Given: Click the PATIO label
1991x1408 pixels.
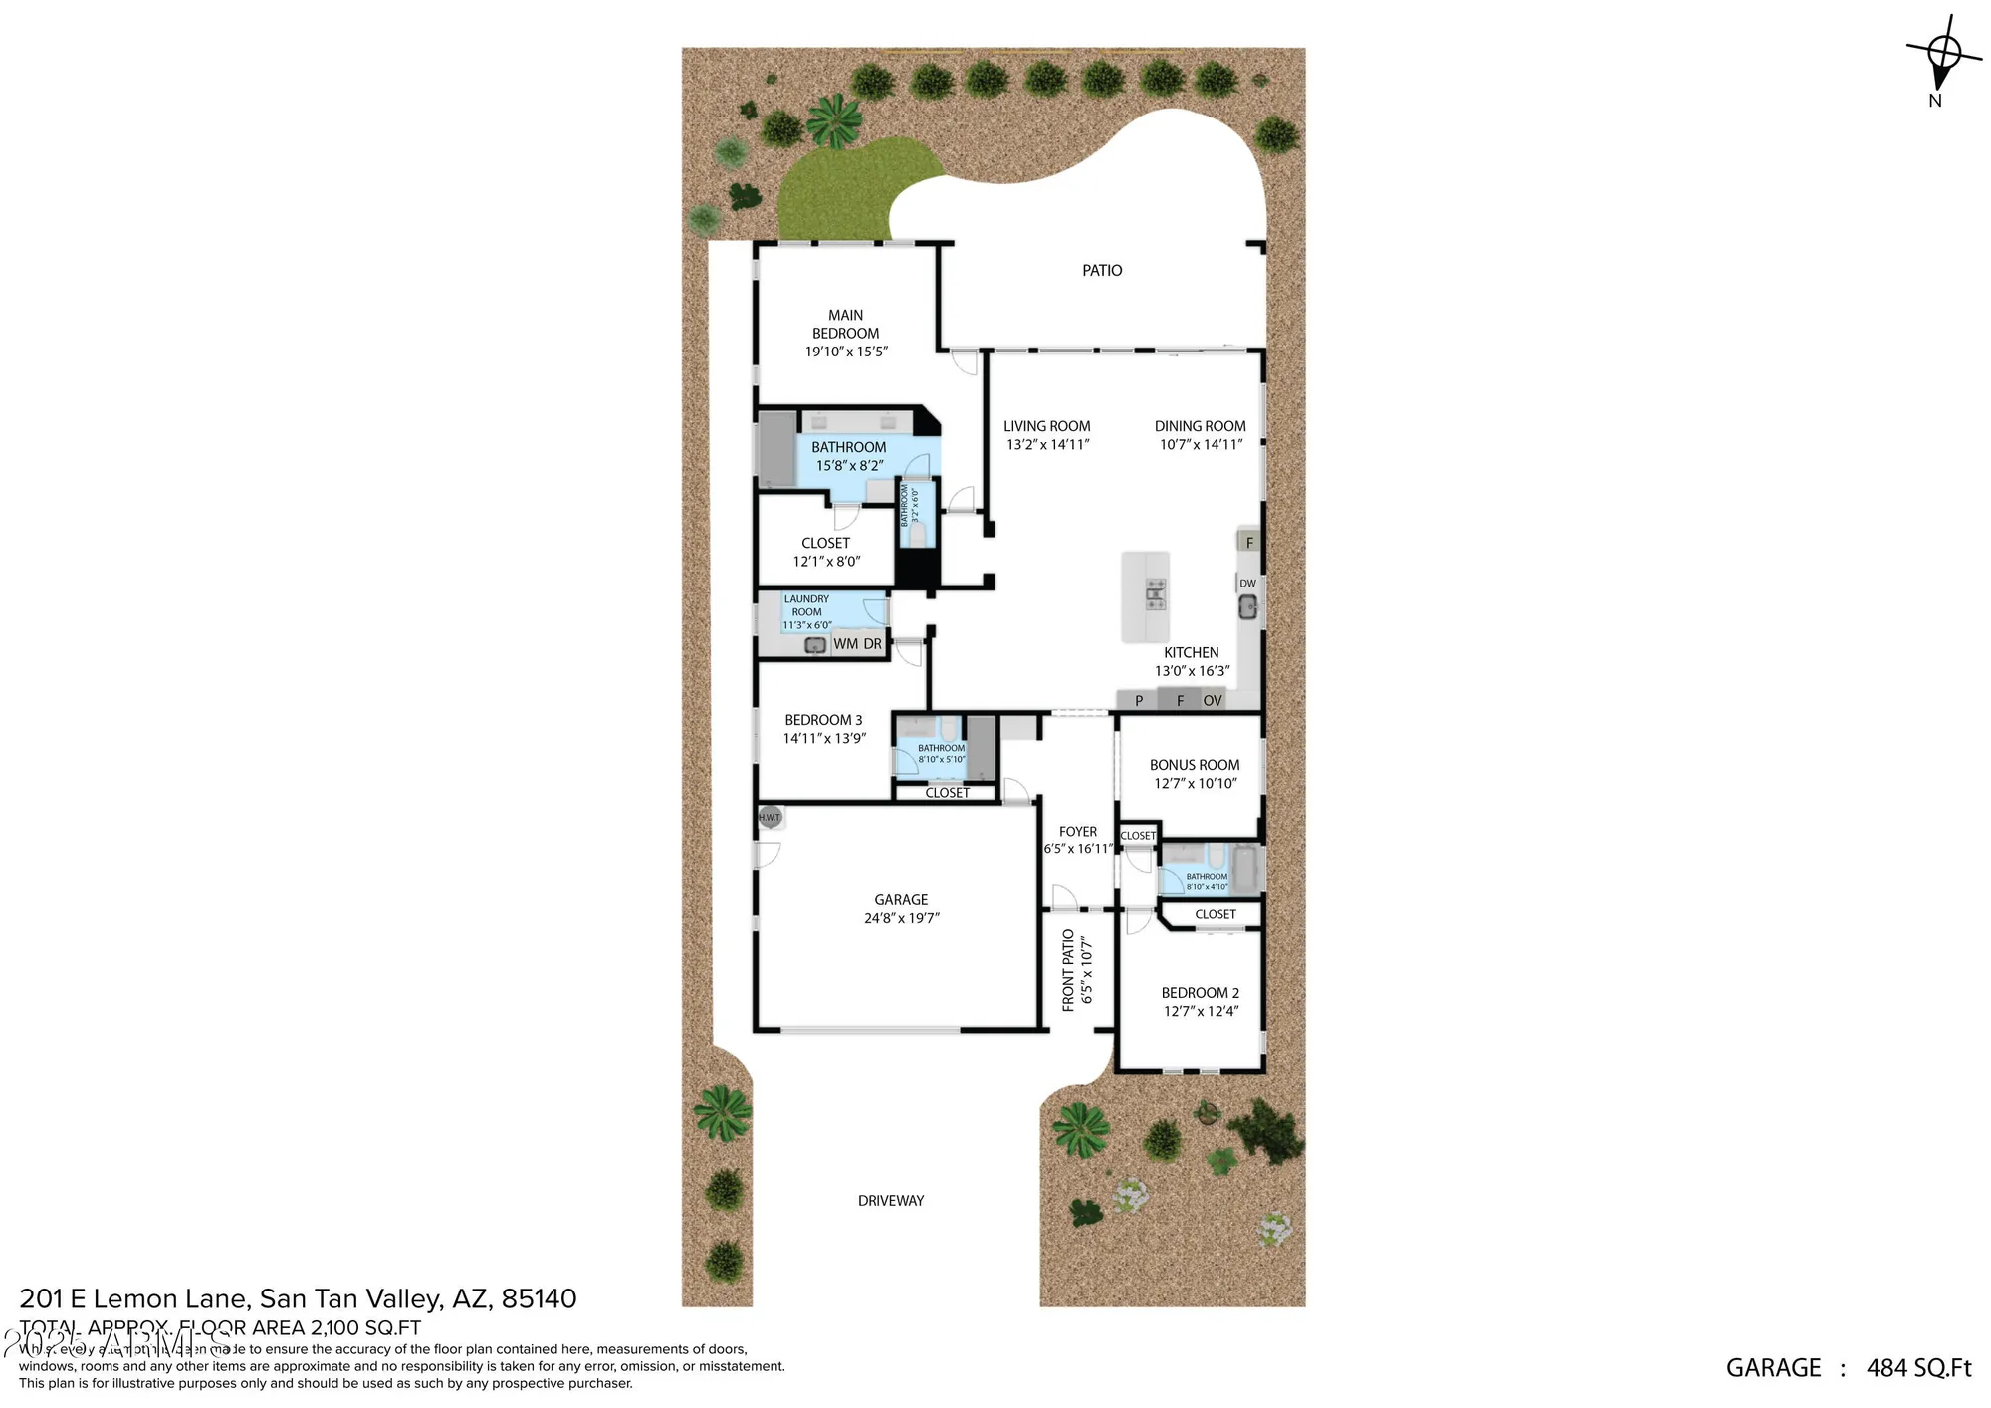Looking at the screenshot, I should pos(1102,271).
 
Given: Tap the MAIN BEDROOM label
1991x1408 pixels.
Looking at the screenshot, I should pos(845,324).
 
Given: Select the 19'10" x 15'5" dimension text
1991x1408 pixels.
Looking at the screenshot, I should pos(846,352).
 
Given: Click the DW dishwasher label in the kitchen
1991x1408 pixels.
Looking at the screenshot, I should pos(1247,584).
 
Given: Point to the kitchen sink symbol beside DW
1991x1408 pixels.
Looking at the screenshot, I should pos(1247,606).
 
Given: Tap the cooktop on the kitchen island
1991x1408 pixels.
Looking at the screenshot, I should pos(1155,594).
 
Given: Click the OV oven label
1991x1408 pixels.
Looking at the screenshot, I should pos(1212,701).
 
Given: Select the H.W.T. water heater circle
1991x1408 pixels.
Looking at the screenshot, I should pos(770,818).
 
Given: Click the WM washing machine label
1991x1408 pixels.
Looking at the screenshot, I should pos(845,644).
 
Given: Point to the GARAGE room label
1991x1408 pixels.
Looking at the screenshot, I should pos(901,900).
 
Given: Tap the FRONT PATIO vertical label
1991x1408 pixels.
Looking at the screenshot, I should pos(1068,970).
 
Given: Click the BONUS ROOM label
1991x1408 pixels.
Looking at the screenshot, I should pos(1195,765).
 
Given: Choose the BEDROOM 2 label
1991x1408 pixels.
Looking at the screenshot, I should pos(1200,993).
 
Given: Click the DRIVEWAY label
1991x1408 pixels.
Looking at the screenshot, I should pos(891,1201).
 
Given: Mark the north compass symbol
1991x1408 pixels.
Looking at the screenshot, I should pos(1942,55).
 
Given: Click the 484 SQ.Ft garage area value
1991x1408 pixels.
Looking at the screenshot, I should pos(1918,1368).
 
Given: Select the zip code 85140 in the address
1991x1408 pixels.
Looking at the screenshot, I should pos(539,1298).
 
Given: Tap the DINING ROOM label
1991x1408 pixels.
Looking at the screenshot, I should pos(1200,426).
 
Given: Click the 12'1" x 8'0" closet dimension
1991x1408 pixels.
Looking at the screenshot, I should pos(826,562).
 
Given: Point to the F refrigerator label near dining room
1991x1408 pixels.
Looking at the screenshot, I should pos(1249,543).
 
